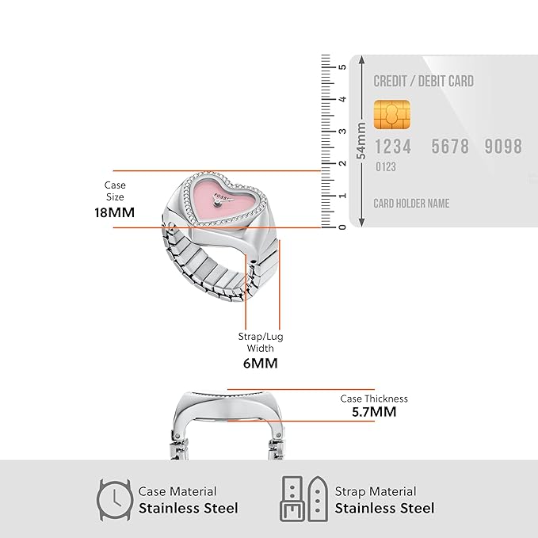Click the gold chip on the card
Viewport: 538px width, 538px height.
(x=392, y=115)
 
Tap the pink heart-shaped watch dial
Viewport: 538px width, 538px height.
(x=225, y=200)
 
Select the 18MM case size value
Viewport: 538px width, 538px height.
(x=115, y=212)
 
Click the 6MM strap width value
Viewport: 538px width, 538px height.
(x=261, y=364)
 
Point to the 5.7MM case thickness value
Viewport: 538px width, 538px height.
(x=374, y=412)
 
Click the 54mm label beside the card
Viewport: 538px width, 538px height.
(x=361, y=141)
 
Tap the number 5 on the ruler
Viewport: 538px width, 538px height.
(x=342, y=67)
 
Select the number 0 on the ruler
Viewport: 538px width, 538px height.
(x=342, y=227)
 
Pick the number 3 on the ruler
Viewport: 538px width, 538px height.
(x=342, y=132)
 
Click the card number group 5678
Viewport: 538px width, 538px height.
(x=450, y=147)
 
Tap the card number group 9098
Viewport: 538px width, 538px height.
(x=503, y=146)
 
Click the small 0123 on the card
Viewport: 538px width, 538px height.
(x=386, y=167)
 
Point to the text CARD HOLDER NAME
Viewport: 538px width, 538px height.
(x=411, y=204)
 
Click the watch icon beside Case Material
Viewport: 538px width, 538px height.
(x=114, y=500)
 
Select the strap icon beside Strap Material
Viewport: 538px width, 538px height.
(x=304, y=499)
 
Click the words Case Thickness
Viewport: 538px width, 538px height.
(x=374, y=399)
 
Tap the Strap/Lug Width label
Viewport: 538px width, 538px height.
(x=261, y=342)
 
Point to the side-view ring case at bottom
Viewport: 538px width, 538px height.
(x=228, y=425)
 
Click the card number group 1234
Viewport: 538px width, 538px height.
(x=393, y=147)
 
